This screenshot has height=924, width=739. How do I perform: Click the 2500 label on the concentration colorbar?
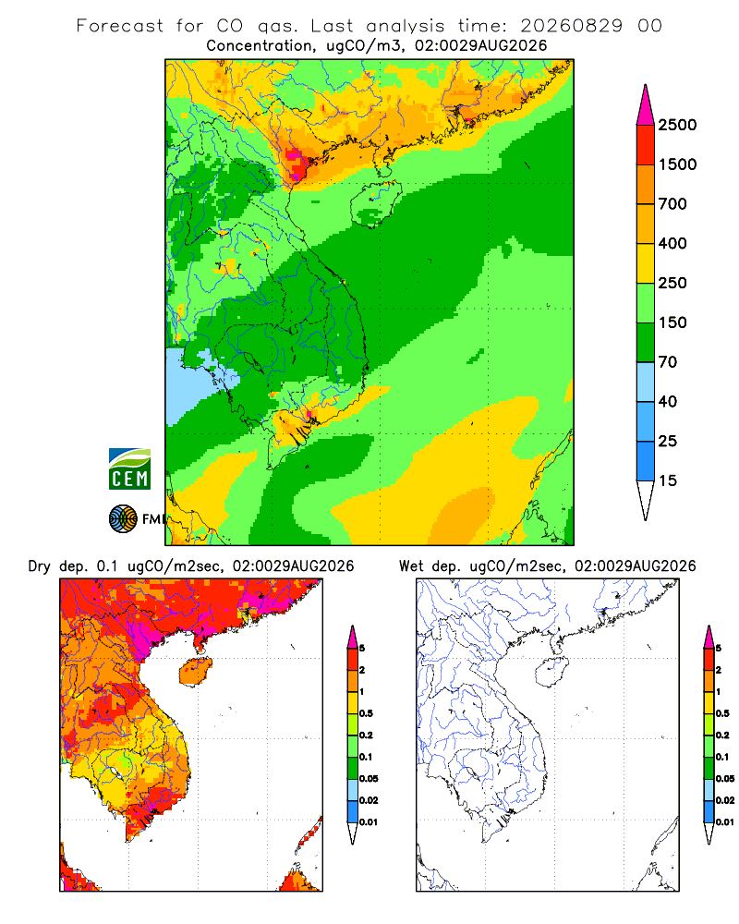click(x=677, y=125)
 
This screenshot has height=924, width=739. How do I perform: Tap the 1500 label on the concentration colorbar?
click(x=677, y=164)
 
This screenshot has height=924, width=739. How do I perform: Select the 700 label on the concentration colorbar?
click(x=672, y=204)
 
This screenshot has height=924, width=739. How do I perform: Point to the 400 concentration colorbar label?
click(x=672, y=243)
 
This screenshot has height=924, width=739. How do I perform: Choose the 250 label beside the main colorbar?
click(x=672, y=283)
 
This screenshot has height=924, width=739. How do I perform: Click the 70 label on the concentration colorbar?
click(x=668, y=362)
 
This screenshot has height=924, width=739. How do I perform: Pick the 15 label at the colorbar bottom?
click(x=668, y=480)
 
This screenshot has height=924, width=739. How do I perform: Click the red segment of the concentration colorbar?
click(x=646, y=145)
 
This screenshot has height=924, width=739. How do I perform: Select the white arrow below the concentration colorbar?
click(x=646, y=499)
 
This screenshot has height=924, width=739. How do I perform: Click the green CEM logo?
click(x=129, y=469)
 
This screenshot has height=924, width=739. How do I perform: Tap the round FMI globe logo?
click(x=123, y=519)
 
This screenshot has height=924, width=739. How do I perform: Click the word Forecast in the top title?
click(x=120, y=26)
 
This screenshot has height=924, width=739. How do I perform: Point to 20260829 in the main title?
click(x=571, y=26)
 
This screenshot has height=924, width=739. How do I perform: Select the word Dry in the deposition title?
click(x=39, y=567)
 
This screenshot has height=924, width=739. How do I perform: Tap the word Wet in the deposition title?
click(x=410, y=566)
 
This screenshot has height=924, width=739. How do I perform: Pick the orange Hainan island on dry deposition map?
click(x=195, y=672)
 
